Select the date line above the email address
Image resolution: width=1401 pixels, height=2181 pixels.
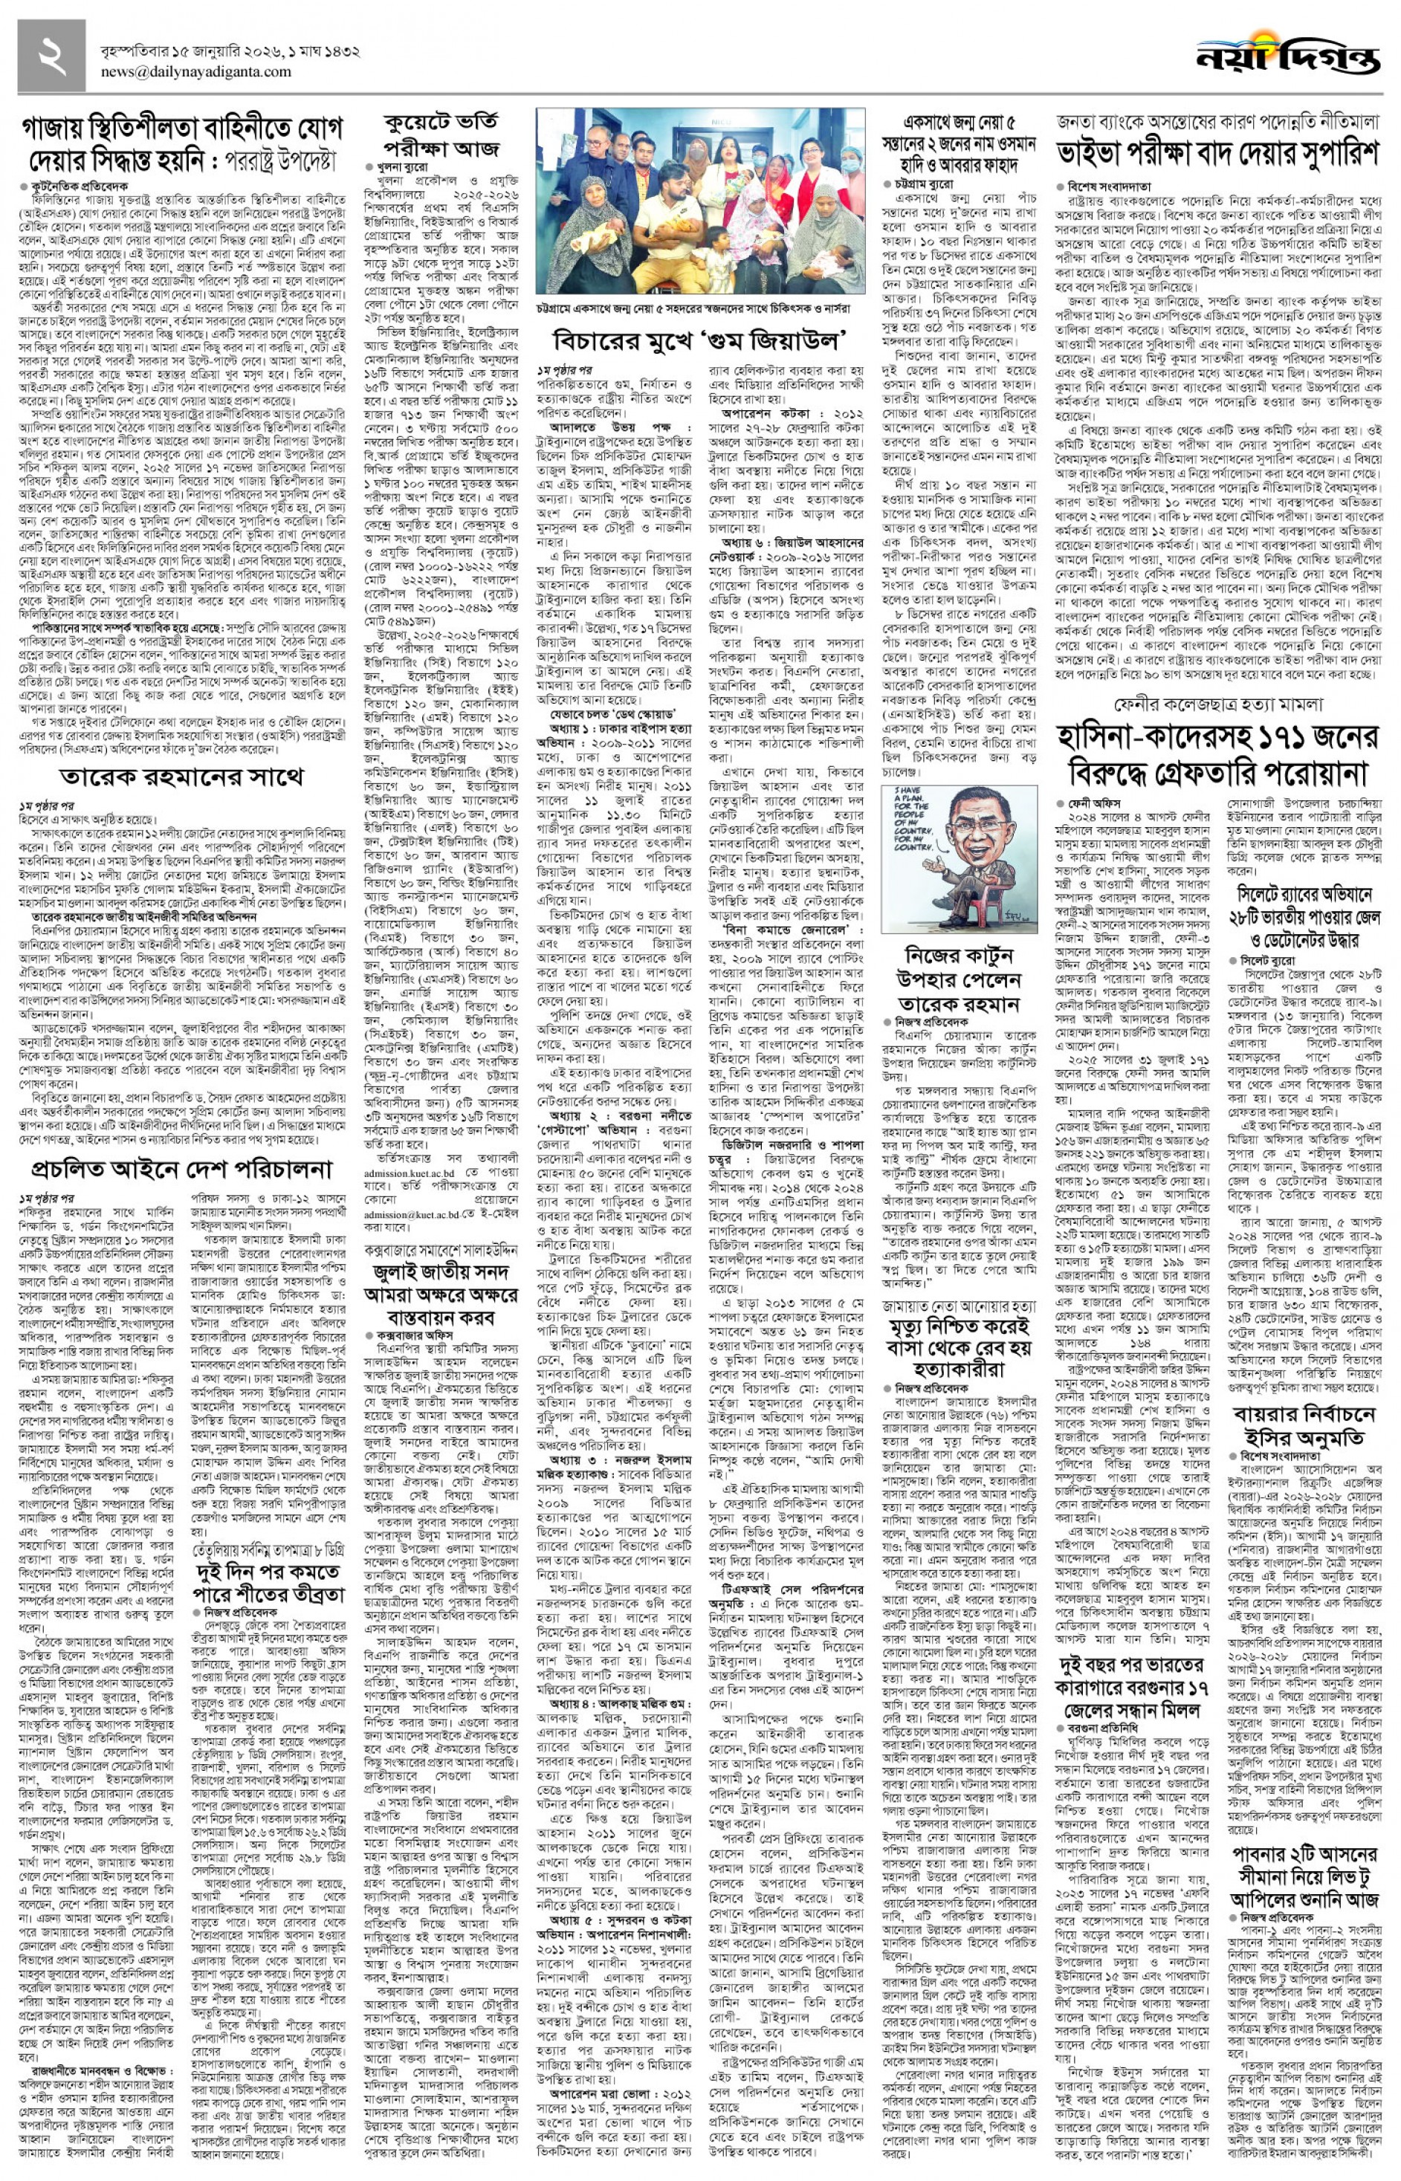(230, 52)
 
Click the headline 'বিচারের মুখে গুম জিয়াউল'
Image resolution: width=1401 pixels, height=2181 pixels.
(700, 340)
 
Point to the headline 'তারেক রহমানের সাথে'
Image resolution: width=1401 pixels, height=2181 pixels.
(182, 777)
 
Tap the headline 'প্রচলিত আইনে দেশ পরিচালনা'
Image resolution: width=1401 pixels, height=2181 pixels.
(182, 1169)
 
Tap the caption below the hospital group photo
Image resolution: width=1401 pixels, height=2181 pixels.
(700, 309)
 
